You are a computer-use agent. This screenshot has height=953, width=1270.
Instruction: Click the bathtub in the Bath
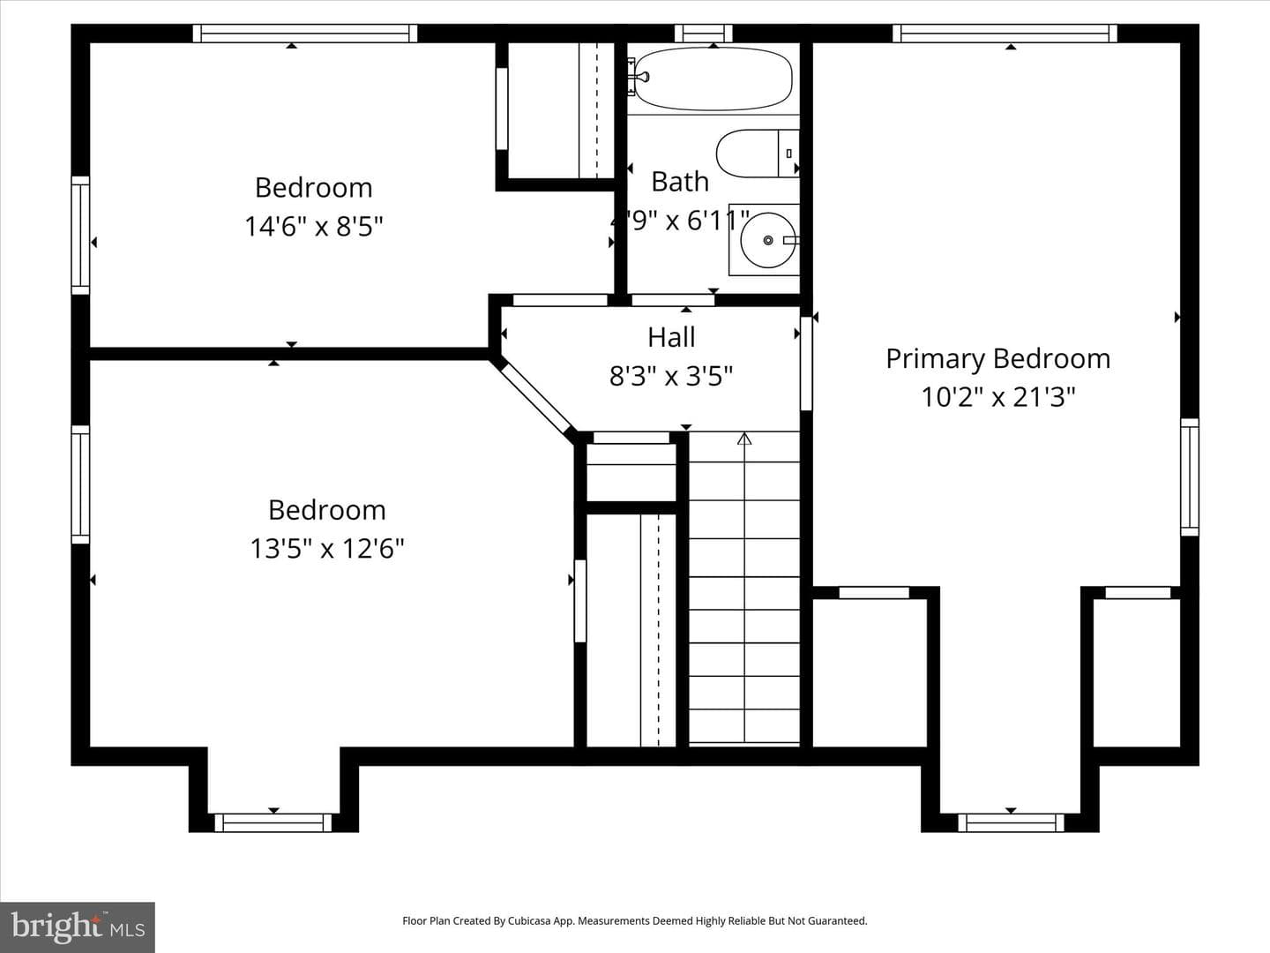pos(713,79)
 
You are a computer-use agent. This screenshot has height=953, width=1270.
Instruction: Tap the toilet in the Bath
pos(758,154)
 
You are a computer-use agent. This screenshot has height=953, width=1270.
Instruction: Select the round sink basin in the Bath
pos(767,240)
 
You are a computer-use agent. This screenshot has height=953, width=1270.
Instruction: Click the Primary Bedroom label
pos(998,359)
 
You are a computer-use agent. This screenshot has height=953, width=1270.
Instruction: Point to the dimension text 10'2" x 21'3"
pos(998,397)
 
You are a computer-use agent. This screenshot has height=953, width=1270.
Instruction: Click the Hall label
pos(671,337)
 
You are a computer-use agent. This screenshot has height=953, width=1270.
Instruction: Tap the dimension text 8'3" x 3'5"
pos(671,376)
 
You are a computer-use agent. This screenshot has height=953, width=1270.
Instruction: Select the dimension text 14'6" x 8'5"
pos(314,226)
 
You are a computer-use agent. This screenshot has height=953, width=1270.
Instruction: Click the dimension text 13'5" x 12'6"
pos(327,548)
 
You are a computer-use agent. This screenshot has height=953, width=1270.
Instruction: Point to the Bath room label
pos(680,182)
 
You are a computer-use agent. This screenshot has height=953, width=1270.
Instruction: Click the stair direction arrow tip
pos(744,433)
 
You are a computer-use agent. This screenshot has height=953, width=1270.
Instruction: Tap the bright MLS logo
pos(78,927)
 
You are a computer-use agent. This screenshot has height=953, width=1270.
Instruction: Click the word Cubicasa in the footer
pos(529,920)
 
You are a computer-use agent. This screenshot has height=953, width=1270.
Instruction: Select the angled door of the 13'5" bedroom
pos(533,397)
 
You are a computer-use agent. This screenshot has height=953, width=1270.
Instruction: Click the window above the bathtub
pos(704,34)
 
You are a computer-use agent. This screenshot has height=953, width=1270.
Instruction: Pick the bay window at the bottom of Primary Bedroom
pos(1011,822)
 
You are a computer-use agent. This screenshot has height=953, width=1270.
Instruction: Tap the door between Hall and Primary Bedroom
pos(807,364)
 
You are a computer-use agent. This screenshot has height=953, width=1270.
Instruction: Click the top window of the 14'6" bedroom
pos(305,34)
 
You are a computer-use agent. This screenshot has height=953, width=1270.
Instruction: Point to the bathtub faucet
pos(641,77)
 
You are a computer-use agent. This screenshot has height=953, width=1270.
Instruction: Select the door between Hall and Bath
pos(673,300)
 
